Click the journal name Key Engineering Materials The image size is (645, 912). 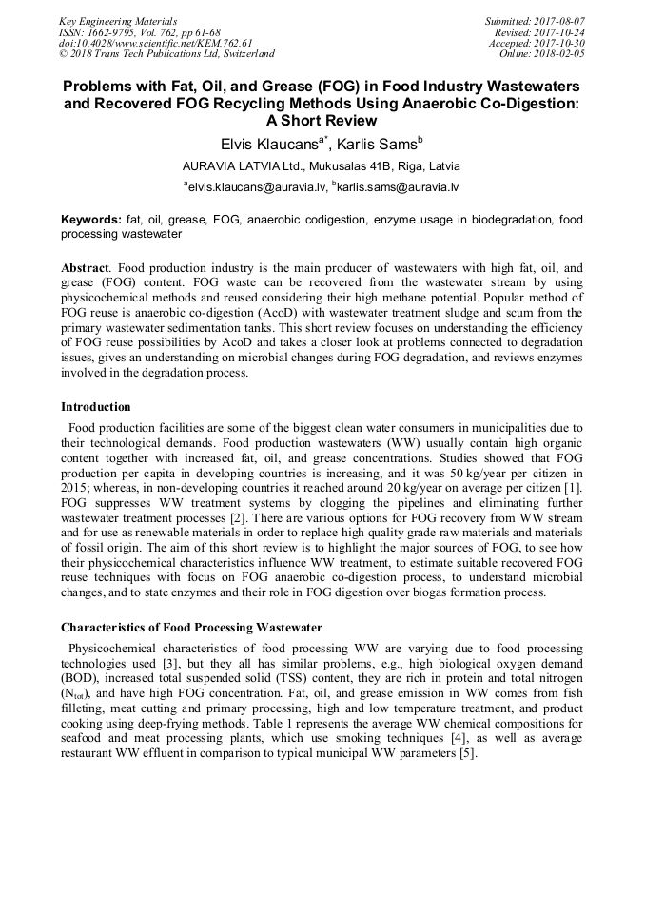click(118, 20)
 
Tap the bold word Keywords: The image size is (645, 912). click(91, 220)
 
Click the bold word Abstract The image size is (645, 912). click(85, 269)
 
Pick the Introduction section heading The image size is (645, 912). click(96, 407)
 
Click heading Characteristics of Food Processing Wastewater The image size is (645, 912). click(191, 628)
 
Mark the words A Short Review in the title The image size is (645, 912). click(322, 121)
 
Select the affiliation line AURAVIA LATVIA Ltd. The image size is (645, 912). click(322, 165)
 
